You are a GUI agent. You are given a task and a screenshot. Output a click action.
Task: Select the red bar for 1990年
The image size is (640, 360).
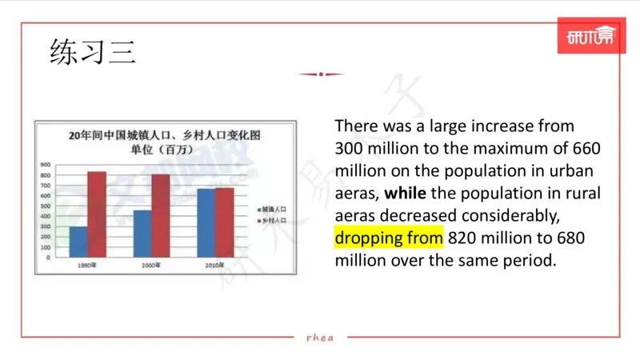97,214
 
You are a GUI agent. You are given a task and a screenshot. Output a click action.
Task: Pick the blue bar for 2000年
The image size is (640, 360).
142,234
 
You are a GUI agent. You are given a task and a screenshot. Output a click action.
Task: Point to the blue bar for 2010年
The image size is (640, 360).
206,223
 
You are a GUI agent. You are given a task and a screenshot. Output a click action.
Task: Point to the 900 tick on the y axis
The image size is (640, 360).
46,165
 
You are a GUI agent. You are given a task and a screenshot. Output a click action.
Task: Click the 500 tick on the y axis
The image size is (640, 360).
46,206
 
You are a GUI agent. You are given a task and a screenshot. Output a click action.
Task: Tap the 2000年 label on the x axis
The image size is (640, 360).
151,265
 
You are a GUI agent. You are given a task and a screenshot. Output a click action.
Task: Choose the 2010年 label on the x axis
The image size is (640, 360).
214,265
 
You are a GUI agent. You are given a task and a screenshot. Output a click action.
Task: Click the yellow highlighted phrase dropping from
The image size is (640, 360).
388,238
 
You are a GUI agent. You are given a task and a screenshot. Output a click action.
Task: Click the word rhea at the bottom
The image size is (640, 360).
320,337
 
